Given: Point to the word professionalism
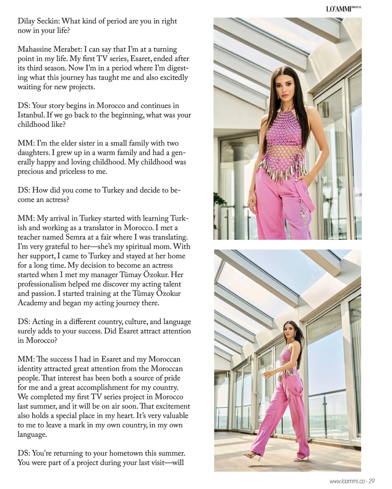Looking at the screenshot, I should (x=47, y=284).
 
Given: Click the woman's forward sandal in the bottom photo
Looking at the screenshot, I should (x=252, y=455).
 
